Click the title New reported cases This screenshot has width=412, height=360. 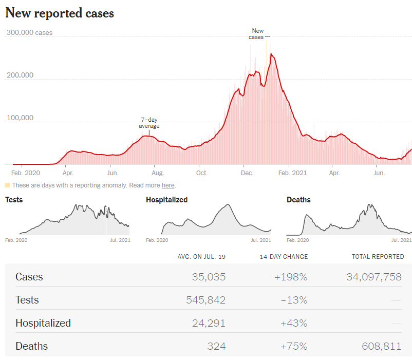[60, 13]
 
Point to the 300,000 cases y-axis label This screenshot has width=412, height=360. [29, 33]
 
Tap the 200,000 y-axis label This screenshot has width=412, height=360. [20, 75]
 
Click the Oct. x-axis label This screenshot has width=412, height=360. [202, 173]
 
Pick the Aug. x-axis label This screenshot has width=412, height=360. [158, 173]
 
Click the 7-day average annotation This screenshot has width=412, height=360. [149, 123]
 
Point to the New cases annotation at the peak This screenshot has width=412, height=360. [257, 34]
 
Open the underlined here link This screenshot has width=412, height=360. [168, 185]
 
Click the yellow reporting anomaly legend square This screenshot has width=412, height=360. [8, 185]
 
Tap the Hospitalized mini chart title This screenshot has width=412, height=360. [166, 200]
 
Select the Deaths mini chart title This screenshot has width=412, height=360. [298, 200]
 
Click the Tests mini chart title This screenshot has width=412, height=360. [14, 200]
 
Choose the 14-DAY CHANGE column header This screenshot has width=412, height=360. [285, 257]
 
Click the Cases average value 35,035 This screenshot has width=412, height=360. [209, 277]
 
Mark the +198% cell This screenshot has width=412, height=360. [291, 277]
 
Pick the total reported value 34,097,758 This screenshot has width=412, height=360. [374, 277]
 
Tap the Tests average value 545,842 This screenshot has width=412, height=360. [205, 300]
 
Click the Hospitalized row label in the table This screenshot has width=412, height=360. [43, 323]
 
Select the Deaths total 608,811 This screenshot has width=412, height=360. [380, 346]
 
